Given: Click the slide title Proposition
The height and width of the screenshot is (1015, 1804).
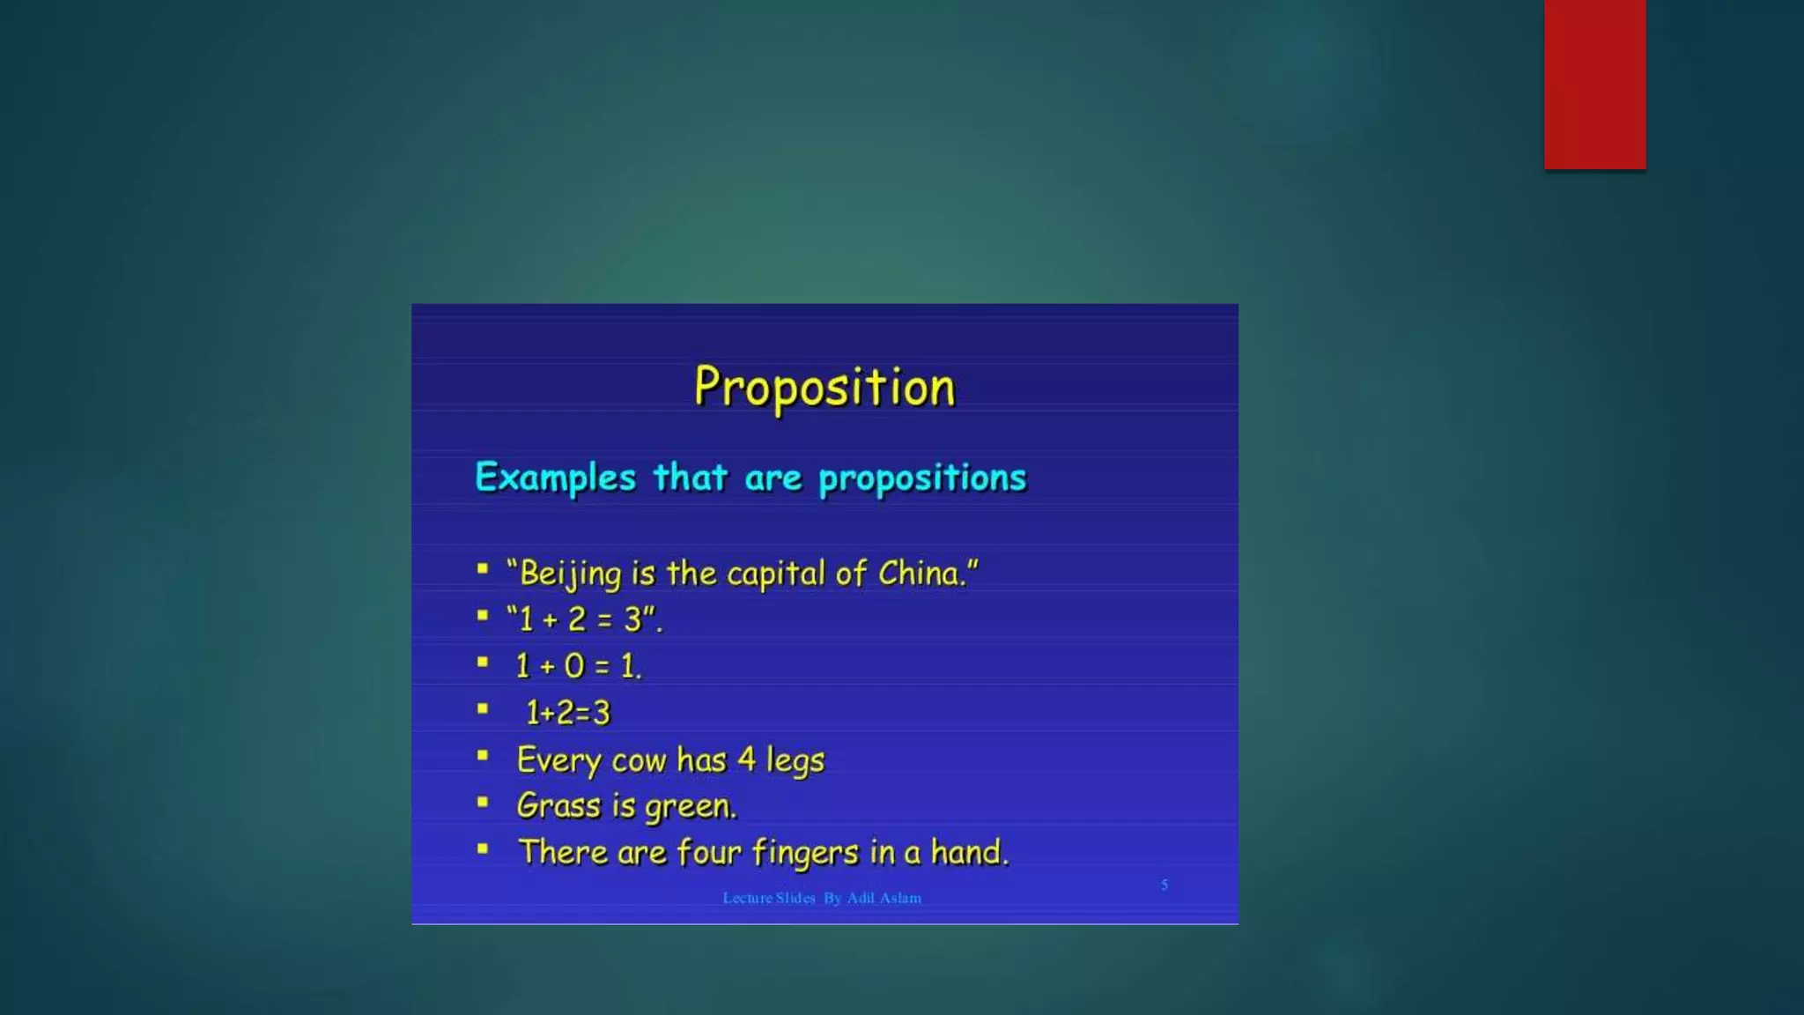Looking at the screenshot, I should coord(824,387).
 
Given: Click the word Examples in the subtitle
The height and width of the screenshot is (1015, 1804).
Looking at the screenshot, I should coord(555,478).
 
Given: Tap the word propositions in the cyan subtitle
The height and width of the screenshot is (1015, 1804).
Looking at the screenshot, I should coord(922,478).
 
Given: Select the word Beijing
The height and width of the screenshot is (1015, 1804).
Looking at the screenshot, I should coord(571,574).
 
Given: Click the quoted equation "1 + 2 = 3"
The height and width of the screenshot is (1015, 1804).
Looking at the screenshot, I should coord(584,619).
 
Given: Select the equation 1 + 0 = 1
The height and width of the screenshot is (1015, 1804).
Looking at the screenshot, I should coord(579,666).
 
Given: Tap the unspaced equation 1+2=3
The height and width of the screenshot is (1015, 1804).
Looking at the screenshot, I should coord(567,712).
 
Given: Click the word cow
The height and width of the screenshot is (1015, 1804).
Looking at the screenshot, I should coord(639,759).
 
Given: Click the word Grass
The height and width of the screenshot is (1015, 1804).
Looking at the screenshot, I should coord(558,805).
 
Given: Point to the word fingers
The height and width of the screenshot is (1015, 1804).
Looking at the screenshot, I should coord(805,853).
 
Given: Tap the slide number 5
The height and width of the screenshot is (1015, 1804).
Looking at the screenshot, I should coord(1164,885).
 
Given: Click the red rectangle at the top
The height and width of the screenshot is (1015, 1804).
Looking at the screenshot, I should coord(1594,84).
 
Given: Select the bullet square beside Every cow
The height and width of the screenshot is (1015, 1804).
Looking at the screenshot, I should coord(483,755).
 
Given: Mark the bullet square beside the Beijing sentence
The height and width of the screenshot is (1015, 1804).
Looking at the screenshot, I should coord(483,569).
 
